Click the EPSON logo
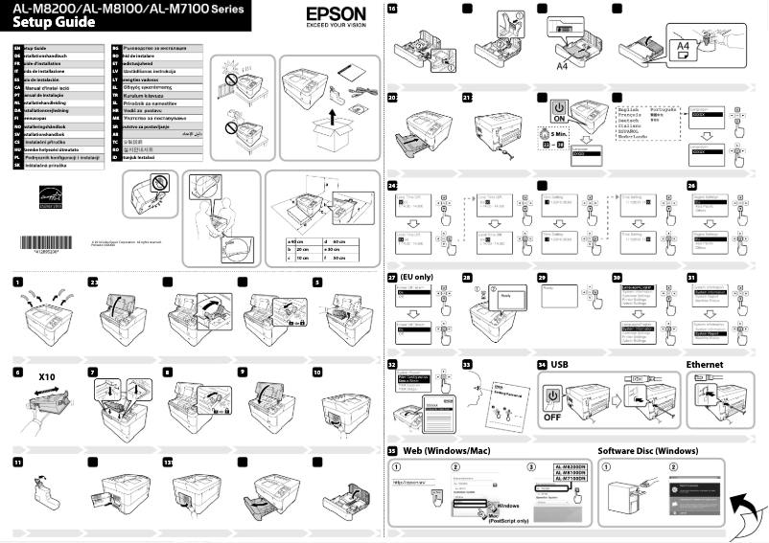pyautogui.click(x=336, y=15)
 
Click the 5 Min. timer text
pyautogui.click(x=561, y=134)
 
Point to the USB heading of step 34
pyautogui.click(x=559, y=365)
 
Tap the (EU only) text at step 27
pyautogui.click(x=418, y=277)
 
